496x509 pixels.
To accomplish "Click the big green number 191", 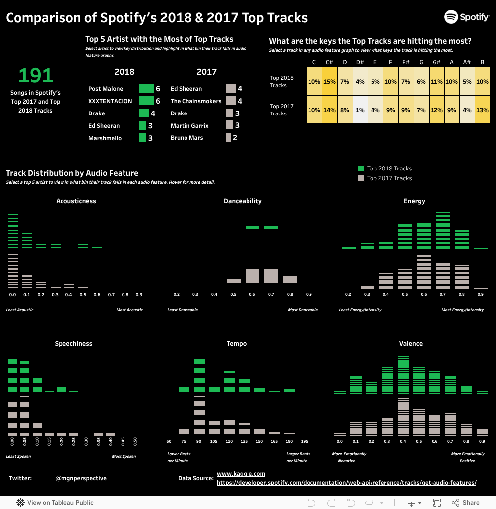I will coord(36,76).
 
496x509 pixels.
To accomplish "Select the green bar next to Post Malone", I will coord(146,89).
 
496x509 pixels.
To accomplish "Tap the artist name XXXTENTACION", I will coord(110,101).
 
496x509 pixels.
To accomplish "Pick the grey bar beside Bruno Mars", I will coord(228,138).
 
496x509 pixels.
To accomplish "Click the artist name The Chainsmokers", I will coord(196,101).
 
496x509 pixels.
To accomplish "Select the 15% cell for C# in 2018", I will coord(329,81).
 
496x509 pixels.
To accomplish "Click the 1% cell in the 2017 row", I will coord(360,110).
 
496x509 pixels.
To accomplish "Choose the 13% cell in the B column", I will coord(482,110).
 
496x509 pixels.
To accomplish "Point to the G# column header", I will coord(436,62).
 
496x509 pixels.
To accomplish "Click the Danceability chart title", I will coord(243,201).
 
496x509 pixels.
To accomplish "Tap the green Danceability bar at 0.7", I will coord(271,232).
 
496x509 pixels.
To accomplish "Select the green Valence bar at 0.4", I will coord(403,375).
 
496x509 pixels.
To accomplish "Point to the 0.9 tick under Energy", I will coord(480,295).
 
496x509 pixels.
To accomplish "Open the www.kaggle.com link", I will coord(241,474).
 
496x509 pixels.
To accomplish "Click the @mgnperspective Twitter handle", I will coord(81,478).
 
